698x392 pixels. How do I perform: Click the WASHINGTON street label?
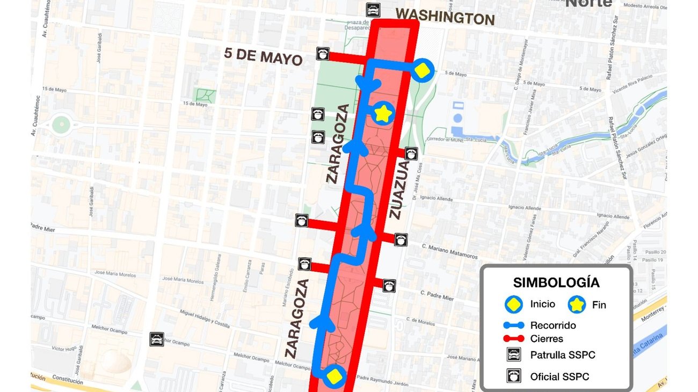[445, 17]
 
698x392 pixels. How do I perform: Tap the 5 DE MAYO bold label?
[263, 56]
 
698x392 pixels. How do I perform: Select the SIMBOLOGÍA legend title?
[556, 282]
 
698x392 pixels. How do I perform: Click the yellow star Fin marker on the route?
[383, 113]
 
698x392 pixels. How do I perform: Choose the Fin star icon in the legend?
[577, 304]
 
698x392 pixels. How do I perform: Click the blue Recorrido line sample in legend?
[514, 325]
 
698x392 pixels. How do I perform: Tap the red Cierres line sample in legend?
[514, 339]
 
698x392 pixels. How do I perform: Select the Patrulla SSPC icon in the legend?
[514, 355]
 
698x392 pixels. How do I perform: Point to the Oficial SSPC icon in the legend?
[514, 376]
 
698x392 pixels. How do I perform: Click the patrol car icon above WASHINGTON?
[373, 9]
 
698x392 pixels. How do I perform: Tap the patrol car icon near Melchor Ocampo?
[156, 339]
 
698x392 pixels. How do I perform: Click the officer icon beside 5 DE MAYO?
[323, 53]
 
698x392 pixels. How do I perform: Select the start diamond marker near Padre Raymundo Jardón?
[335, 376]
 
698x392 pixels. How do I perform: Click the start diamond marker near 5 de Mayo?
[423, 70]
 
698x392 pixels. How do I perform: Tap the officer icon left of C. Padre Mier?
[389, 286]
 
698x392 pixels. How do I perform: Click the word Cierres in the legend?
[547, 339]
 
